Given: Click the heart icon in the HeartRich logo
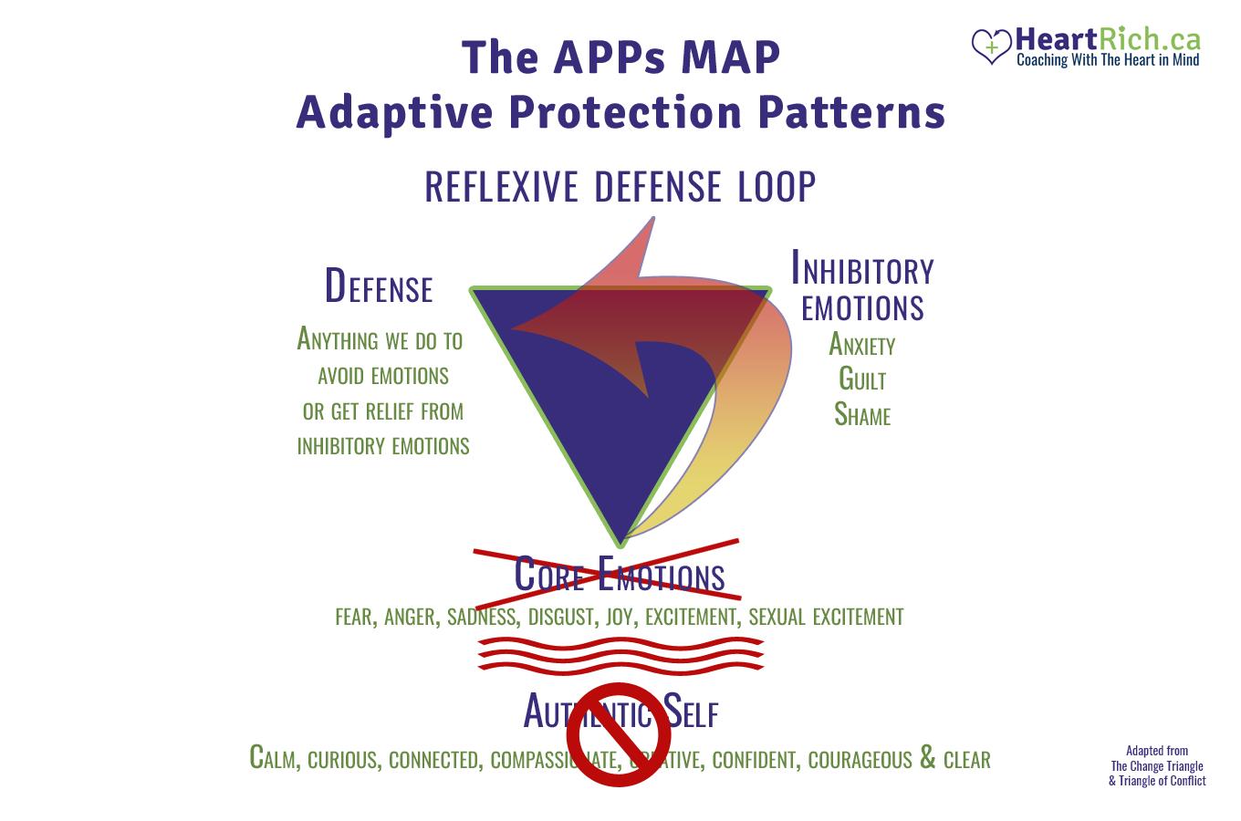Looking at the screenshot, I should tap(991, 46).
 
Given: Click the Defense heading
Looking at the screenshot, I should tap(379, 286).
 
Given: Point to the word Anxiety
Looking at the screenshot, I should tap(861, 345).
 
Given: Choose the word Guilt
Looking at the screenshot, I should tap(862, 379).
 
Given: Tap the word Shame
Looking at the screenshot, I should tap(862, 415).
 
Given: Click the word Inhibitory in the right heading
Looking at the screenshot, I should tap(862, 270).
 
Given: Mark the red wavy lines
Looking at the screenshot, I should tap(620, 655).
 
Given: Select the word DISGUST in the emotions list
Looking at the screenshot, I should tap(561, 618).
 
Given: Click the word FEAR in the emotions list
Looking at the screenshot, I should tap(354, 618).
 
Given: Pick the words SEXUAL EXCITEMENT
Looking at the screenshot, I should tap(826, 618).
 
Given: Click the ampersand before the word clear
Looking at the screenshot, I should tap(927, 758).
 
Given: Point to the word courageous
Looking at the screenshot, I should tap(860, 760).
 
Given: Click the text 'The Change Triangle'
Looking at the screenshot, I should tap(1157, 766).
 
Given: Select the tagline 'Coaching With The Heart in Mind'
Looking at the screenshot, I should tap(1108, 60).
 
